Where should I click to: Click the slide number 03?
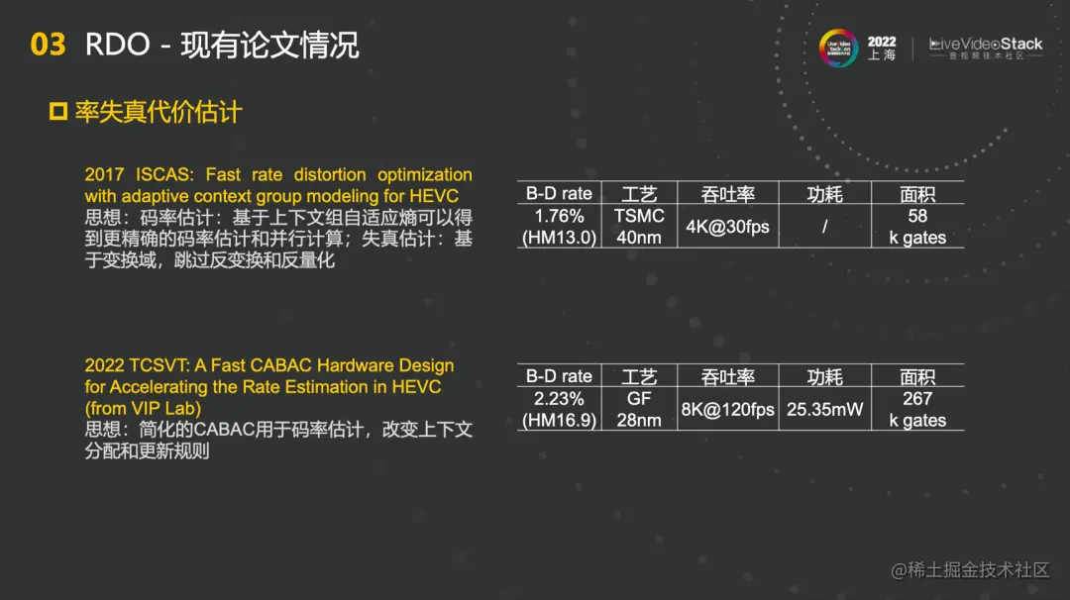tap(48, 45)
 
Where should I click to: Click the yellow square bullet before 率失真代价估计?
tap(58, 111)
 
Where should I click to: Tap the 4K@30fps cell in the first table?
tap(727, 227)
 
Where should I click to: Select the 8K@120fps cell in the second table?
tap(727, 409)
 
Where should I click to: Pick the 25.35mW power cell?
tap(824, 409)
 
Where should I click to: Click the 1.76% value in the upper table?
tap(559, 216)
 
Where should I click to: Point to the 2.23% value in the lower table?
tap(559, 399)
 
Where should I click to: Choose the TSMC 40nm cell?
tap(639, 227)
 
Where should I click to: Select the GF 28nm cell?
tap(639, 409)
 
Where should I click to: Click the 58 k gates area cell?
tap(917, 227)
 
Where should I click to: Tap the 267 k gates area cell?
tap(917, 409)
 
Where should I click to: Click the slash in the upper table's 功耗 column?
tap(824, 227)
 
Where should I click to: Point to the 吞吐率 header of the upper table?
tap(727, 194)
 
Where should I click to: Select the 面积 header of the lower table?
tap(917, 376)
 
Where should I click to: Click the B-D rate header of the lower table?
tap(559, 376)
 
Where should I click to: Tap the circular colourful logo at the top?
tap(838, 48)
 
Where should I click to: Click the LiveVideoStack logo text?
tap(986, 45)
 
